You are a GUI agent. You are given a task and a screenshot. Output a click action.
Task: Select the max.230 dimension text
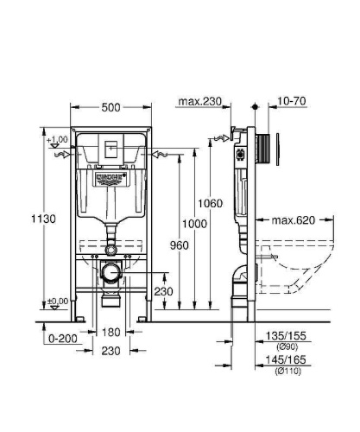(x=199, y=102)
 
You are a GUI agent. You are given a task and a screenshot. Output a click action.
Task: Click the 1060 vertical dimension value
(x=209, y=204)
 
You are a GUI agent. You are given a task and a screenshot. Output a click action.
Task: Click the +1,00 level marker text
(x=58, y=140)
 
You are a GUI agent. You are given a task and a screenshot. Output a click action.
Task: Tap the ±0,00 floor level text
(x=58, y=300)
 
